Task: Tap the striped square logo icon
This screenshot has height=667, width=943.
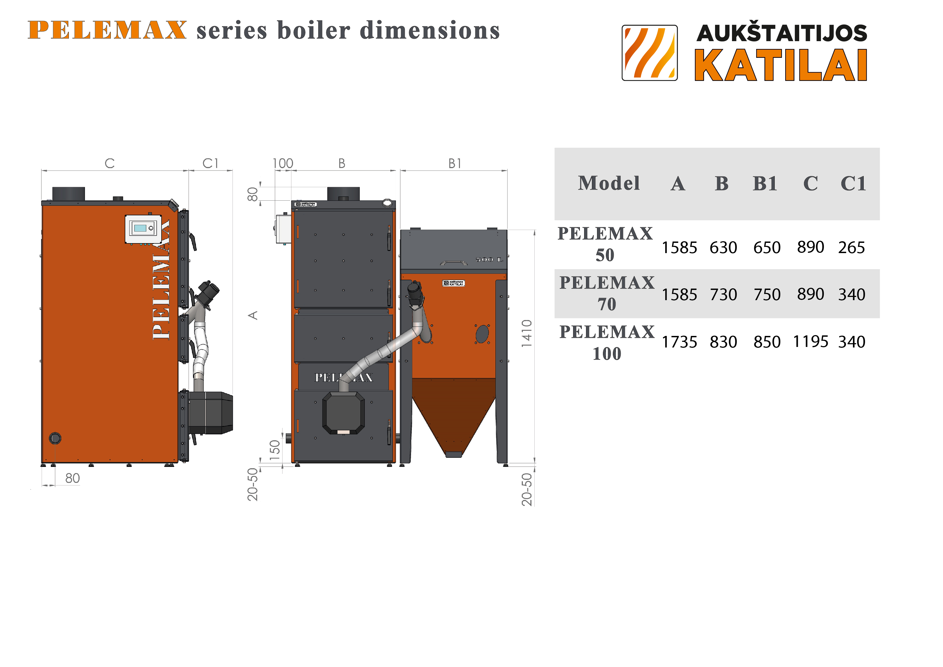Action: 649,53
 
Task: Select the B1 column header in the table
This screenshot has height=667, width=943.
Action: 765,183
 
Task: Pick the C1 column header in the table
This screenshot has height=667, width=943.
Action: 853,183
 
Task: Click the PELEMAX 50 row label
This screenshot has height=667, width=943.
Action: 605,244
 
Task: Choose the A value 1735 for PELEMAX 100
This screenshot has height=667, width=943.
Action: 679,342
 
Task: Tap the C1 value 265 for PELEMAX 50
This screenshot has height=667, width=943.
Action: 851,247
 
